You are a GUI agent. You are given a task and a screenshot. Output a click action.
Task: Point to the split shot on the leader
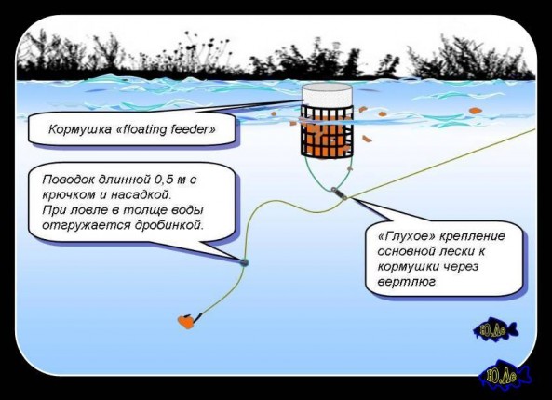[243, 262]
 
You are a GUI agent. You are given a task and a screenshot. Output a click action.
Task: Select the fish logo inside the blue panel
[495, 330]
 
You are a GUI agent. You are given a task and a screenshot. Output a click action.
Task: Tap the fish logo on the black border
[503, 375]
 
